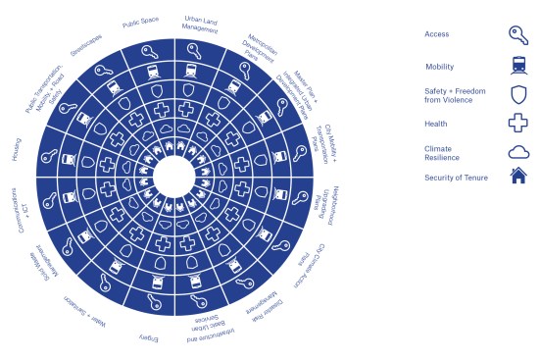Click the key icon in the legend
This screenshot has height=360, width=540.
pos(518,36)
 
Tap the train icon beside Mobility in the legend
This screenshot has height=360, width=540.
pos(518,66)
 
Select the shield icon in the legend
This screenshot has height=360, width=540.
pos(518,94)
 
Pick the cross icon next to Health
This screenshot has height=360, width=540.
pos(518,124)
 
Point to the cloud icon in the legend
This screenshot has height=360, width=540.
pos(518,152)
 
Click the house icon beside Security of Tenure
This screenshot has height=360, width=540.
pos(518,177)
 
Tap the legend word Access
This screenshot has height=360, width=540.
pos(437,35)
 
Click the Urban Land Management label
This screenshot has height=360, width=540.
pos(204,23)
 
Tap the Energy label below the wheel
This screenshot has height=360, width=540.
pos(148,337)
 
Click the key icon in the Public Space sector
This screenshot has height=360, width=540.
pos(149,52)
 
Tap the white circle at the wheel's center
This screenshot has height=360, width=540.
pos(174,178)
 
